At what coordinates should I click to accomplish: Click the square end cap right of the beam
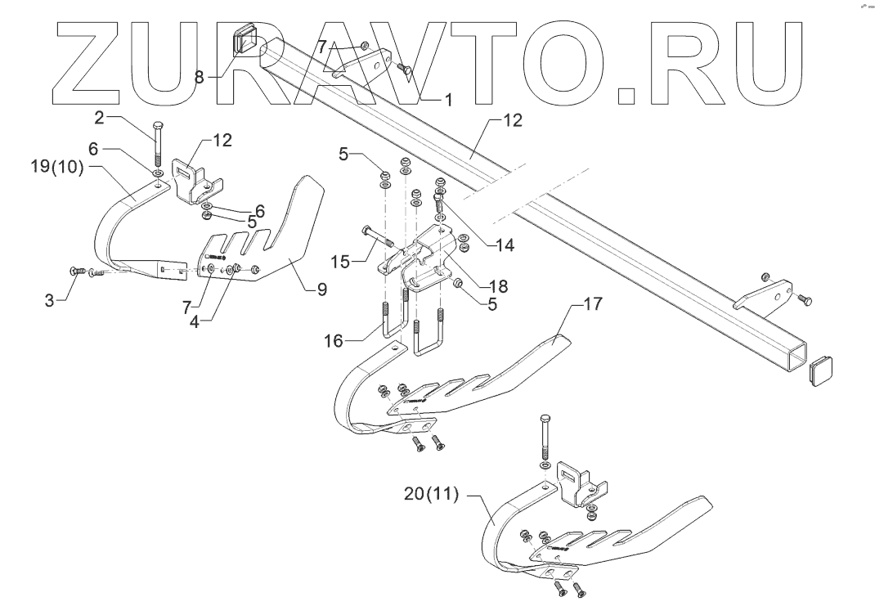coord(821,370)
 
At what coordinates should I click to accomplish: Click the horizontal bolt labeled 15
coord(375,238)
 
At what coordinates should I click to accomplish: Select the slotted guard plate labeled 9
coord(270,237)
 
